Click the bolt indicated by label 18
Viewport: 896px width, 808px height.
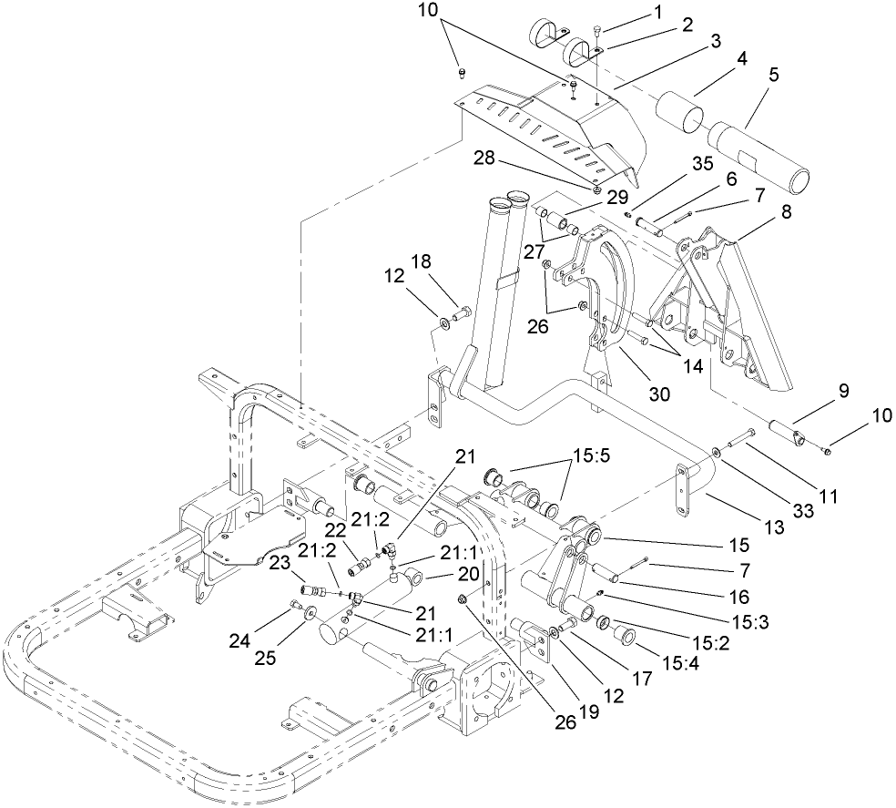tap(460, 315)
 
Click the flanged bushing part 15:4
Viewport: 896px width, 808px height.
tap(622, 631)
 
